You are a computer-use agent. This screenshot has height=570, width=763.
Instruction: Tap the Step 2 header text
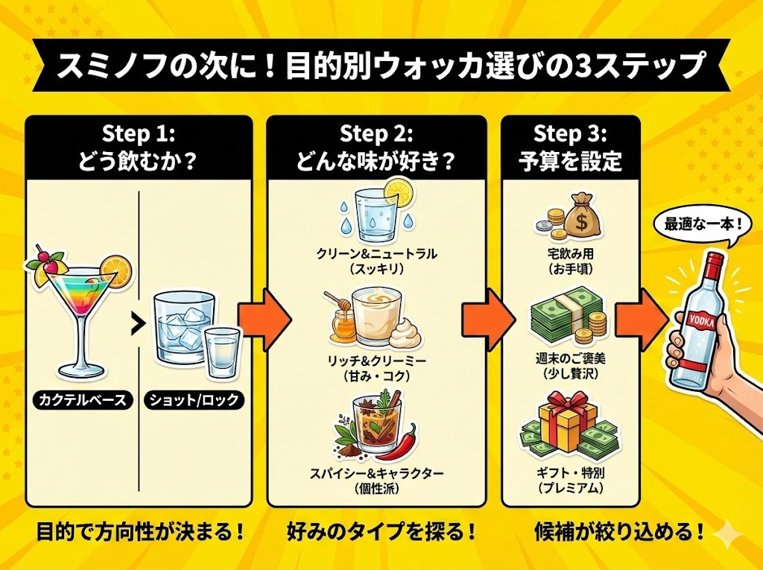(376, 148)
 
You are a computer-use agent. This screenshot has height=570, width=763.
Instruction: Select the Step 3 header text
(570, 148)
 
